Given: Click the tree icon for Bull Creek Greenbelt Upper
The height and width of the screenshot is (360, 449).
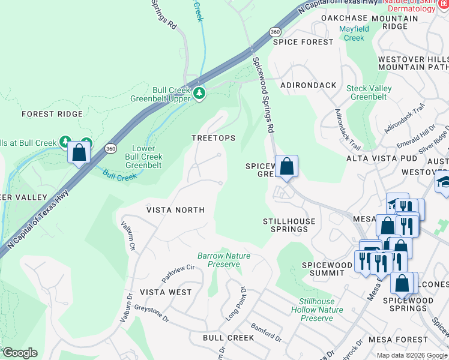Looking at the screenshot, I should (199, 93).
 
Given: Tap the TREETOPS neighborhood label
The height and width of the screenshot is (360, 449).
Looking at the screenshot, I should (213, 138).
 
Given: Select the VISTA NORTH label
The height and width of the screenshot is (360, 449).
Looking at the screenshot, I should (176, 210).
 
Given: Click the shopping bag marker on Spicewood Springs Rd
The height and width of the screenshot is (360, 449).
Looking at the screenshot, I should (286, 166).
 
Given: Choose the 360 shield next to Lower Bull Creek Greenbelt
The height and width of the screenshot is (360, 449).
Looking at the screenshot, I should (110, 148).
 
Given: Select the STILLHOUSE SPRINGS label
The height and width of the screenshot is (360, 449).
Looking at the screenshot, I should (289, 226).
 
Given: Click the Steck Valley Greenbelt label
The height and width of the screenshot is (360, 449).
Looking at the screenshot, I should (369, 92).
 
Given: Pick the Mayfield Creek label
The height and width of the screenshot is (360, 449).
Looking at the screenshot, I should (354, 33).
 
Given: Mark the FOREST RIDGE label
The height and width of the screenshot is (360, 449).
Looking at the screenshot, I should (52, 113).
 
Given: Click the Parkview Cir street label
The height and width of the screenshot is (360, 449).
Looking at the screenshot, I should (178, 273).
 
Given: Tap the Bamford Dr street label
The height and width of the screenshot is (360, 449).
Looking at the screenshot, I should (266, 331).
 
